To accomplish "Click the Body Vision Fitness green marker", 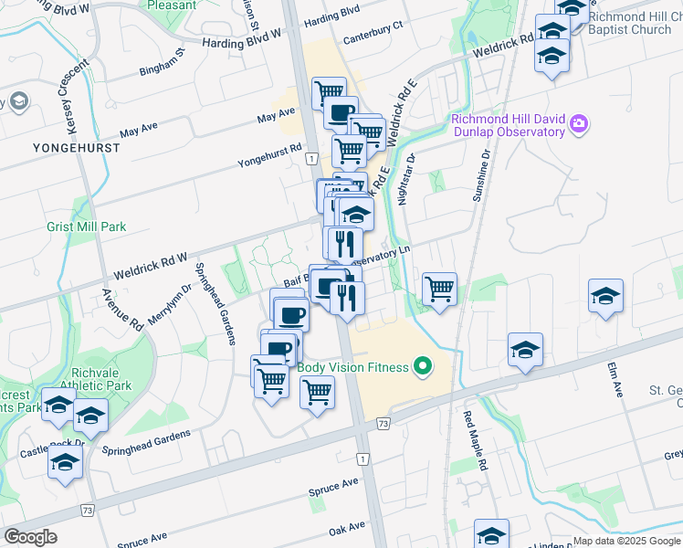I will pyautogui.click(x=422, y=368).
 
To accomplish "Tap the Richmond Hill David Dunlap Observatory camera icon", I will pyautogui.click(x=578, y=124).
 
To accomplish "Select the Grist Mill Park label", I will pyautogui.click(x=87, y=227).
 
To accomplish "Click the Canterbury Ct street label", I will pyautogui.click(x=373, y=38).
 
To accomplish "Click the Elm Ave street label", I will pyautogui.click(x=615, y=379).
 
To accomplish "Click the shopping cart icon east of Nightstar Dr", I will pyautogui.click(x=440, y=290).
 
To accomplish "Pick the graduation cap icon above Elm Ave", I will pyautogui.click(x=604, y=298).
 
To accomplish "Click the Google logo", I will pyautogui.click(x=30, y=537).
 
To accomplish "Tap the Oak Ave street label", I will pyautogui.click(x=347, y=528).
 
